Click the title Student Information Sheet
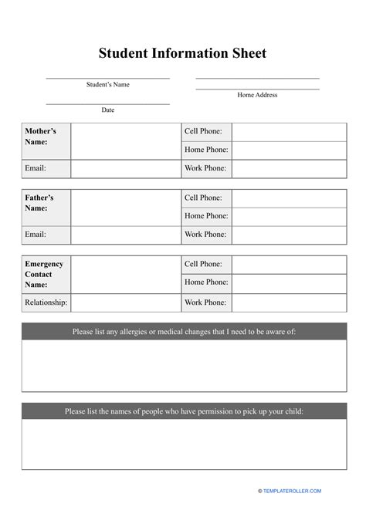182,53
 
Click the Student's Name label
107,84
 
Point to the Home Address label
257,95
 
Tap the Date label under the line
107,110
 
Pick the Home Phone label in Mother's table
205,150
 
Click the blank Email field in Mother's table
125,168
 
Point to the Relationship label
46,302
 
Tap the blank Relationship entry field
125,302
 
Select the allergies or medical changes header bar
183,332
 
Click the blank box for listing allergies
183,366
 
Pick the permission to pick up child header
183,411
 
